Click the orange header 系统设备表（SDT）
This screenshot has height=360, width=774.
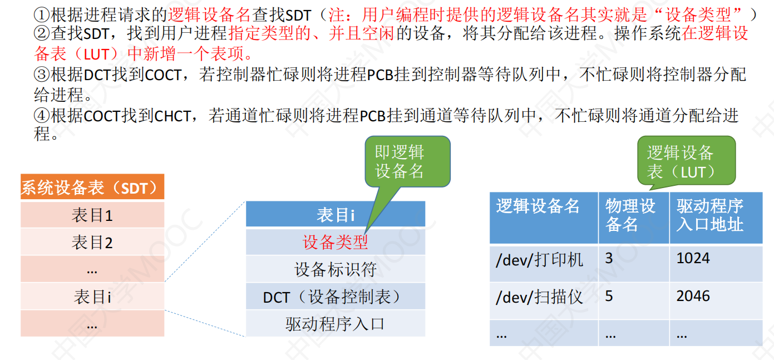92,187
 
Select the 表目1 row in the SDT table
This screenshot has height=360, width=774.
92,215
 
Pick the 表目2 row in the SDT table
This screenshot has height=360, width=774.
92,242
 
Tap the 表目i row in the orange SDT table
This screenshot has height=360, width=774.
92,297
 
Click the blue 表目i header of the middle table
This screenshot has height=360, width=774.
335,214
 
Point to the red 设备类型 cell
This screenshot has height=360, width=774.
335,242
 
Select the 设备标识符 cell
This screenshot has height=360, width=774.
335,269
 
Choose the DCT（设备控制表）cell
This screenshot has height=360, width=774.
335,297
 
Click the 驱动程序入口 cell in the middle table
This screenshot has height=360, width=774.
335,324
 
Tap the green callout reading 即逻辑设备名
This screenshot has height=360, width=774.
407,161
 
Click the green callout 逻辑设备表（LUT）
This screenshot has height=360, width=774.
686,161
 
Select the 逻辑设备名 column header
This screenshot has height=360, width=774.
544,218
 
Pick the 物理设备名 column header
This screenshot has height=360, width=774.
634,218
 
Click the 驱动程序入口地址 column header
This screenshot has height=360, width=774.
716,218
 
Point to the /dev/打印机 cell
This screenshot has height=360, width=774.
544,263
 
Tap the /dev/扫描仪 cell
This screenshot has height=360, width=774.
544,300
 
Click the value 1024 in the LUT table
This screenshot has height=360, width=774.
693,258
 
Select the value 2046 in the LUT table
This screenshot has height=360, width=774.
693,296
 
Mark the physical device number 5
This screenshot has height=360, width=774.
609,296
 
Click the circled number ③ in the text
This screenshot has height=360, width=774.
42,75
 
